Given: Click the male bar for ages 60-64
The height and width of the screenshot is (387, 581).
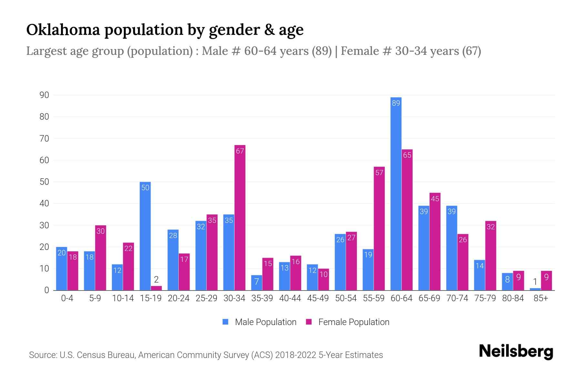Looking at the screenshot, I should coord(396,193).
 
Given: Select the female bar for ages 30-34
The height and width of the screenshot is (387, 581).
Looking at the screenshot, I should coord(240,218).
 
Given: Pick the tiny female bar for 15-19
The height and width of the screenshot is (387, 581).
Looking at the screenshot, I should coord(156,288).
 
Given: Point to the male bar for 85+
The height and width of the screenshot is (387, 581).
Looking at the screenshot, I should coord(535,289).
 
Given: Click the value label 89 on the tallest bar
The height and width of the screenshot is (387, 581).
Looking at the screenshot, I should coord(396,103).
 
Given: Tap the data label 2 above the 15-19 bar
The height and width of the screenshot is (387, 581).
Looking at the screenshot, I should coord(156,279).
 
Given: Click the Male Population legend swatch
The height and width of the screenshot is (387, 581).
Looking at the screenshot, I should coord(225,322).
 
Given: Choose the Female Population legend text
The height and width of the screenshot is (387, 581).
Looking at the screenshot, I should coord(354,322).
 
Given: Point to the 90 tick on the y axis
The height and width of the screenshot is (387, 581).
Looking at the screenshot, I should coord(44,95).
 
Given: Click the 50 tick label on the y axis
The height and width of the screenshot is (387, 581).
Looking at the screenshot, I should coord(44,182).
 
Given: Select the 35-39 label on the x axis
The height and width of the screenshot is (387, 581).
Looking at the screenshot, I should coord(262,298).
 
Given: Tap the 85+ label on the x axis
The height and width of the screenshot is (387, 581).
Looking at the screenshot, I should coord(541,298).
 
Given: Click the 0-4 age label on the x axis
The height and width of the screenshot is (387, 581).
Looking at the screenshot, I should coord(67,298).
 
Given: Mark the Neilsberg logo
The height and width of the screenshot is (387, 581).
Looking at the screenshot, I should coord(516,352).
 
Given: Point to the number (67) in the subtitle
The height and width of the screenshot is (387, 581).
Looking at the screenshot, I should coord(471,51).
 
